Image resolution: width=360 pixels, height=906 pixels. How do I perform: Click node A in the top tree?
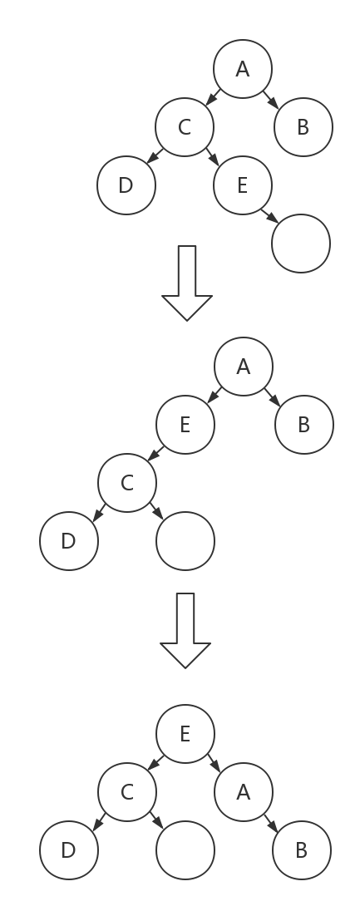point(243,69)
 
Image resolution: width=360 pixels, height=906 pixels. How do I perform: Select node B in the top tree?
point(303,127)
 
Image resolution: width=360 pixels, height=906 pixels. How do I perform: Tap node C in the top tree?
point(185,127)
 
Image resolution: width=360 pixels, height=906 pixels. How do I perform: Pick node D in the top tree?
point(126,185)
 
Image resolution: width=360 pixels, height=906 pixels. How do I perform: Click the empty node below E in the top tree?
point(301,244)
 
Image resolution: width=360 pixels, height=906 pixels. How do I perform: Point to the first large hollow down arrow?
point(187,283)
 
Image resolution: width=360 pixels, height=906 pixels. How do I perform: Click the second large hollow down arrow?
point(185,630)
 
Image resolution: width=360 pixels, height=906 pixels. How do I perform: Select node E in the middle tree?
point(185,425)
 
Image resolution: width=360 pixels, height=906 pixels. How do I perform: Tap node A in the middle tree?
point(244,367)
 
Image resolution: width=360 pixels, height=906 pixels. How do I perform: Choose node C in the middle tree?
point(127,483)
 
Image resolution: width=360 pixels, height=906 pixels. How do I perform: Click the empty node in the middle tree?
point(185,541)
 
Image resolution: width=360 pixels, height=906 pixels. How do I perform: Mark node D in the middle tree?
point(69,541)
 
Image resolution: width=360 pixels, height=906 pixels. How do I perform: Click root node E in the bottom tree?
point(185,734)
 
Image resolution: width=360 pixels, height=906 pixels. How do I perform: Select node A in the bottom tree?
point(244,792)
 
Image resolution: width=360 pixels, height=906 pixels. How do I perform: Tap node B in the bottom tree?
point(302,850)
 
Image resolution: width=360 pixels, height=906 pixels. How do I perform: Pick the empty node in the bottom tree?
point(185,850)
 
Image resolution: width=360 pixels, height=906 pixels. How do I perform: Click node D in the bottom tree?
point(69,850)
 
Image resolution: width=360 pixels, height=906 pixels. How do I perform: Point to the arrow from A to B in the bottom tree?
point(272,823)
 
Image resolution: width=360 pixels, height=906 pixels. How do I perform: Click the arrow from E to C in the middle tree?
point(155,454)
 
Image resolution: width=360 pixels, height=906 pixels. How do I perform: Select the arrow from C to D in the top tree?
point(155,156)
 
